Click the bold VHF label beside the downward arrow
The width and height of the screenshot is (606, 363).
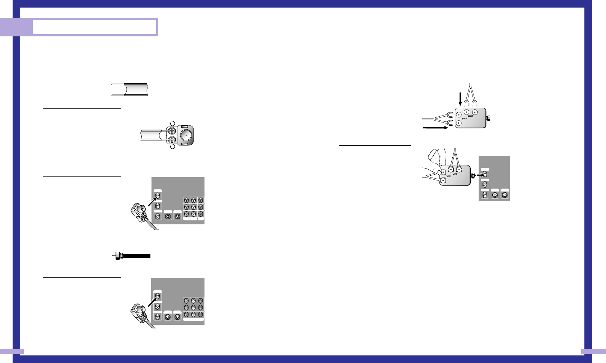[464, 118]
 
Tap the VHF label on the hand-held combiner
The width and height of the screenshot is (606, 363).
[449, 176]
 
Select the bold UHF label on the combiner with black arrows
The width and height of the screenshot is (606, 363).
[470, 116]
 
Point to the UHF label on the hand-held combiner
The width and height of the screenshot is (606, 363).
[455, 174]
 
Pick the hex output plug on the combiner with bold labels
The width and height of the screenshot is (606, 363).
[488, 118]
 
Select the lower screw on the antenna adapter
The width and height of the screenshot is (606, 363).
[172, 139]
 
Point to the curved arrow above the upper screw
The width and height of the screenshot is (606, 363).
[172, 124]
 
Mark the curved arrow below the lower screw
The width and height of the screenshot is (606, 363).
[172, 147]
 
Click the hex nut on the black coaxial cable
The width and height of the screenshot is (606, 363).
[118, 256]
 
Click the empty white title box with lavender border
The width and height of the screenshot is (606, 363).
[95, 27]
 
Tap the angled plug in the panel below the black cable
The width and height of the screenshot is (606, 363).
[139, 313]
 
